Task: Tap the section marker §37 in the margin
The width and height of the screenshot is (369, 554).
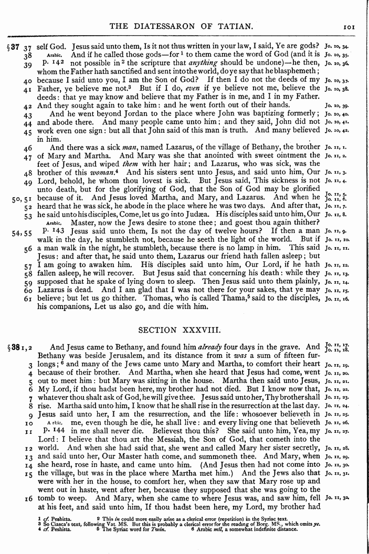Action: (x=13, y=46)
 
